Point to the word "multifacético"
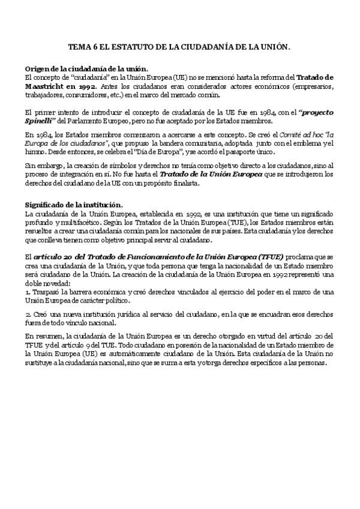pos(73,223)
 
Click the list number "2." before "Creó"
pos(28,313)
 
